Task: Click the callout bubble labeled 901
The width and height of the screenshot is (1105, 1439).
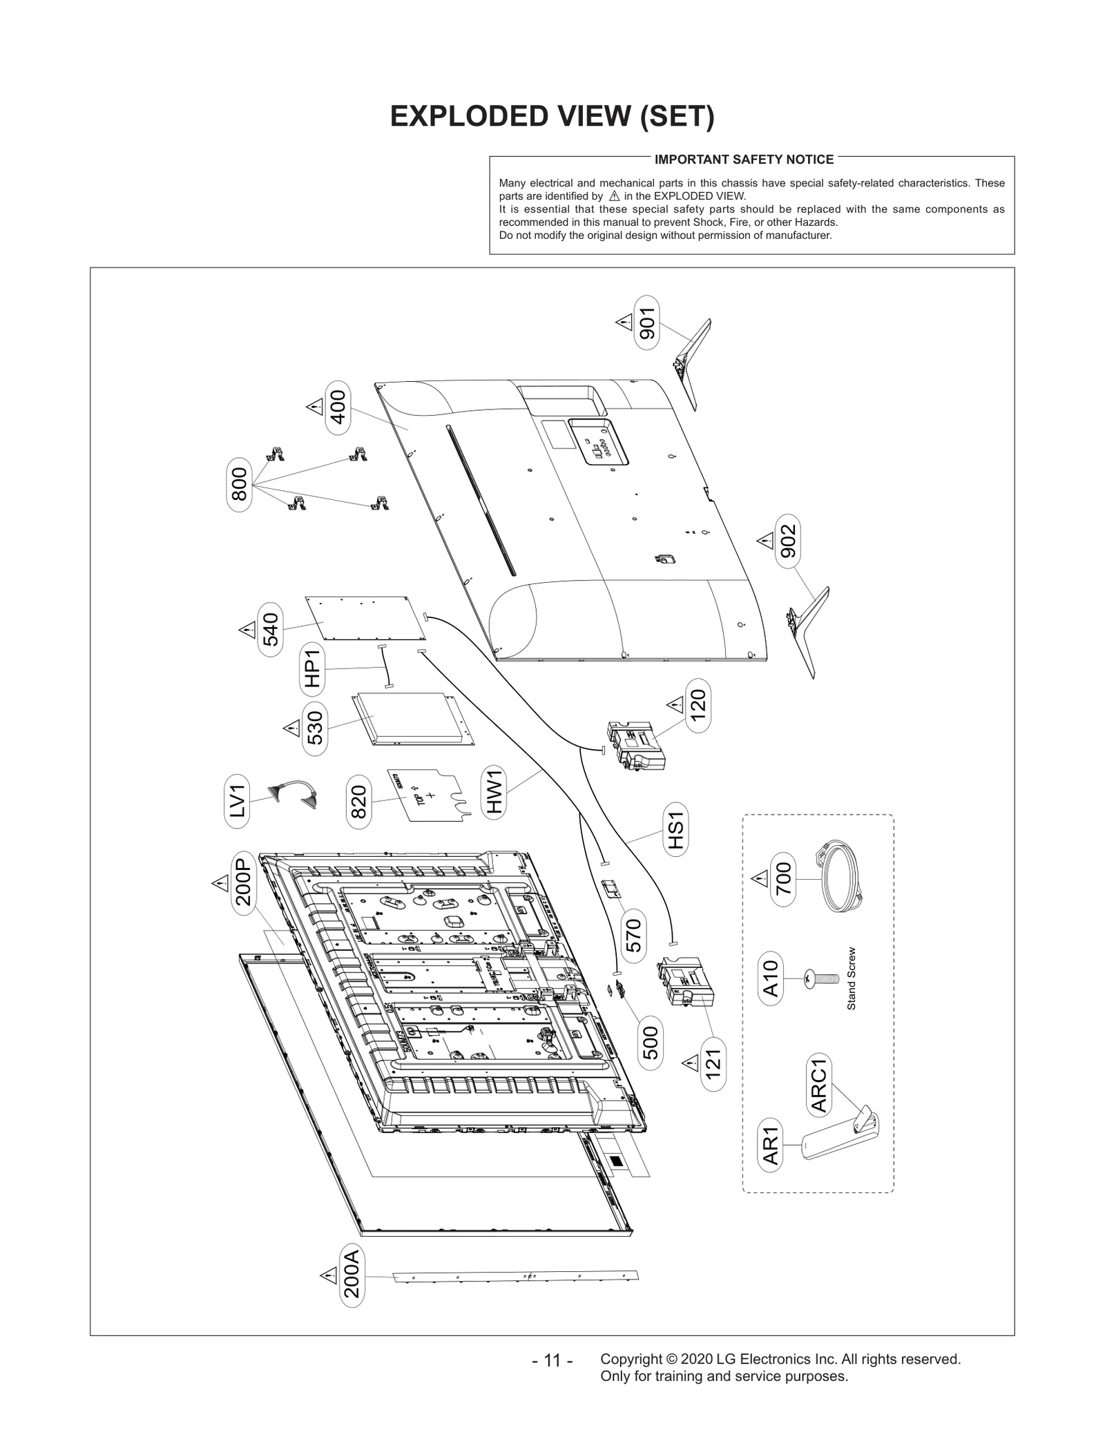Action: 646,322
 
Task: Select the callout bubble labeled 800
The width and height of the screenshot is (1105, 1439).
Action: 238,489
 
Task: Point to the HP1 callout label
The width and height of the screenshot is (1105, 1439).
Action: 312,668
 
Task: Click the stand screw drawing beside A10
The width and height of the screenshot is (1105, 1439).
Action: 821,978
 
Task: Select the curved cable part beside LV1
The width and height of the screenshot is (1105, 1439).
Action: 293,794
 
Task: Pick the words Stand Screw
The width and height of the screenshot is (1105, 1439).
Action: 851,978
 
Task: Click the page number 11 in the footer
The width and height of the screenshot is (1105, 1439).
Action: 552,1360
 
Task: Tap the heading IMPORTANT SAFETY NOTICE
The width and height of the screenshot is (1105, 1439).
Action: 744,160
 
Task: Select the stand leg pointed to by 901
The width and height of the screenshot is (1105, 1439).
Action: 691,363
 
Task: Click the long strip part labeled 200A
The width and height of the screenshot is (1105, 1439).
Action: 515,1277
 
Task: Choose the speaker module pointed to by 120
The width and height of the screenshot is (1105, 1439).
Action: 635,746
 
